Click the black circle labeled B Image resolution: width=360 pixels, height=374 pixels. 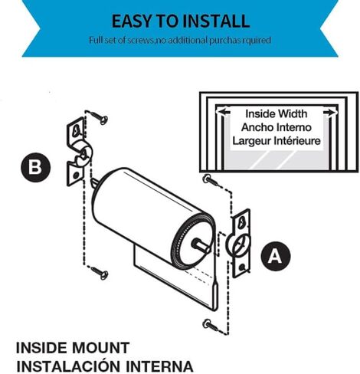pyautogui.click(x=35, y=168)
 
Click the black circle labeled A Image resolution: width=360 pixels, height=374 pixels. pyautogui.click(x=276, y=256)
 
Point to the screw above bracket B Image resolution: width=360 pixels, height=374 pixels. pyautogui.click(x=99, y=117)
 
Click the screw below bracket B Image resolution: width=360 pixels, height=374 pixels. pyautogui.click(x=100, y=273)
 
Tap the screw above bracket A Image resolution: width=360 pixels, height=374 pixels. pyautogui.click(x=211, y=180)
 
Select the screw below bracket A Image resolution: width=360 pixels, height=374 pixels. pyautogui.click(x=211, y=324)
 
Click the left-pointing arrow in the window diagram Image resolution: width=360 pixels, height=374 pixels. pyautogui.click(x=224, y=112)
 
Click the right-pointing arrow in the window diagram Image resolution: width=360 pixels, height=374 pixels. pyautogui.click(x=330, y=113)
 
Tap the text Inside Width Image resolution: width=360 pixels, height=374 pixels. pyautogui.click(x=277, y=114)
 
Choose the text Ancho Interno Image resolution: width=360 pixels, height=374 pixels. pyautogui.click(x=277, y=127)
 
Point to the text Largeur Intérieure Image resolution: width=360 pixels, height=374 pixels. pyautogui.click(x=277, y=141)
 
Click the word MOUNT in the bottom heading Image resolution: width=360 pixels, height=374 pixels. pyautogui.click(x=100, y=348)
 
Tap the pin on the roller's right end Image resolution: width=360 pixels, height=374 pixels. pyautogui.click(x=201, y=244)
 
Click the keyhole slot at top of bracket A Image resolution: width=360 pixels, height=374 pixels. pyautogui.click(x=241, y=221)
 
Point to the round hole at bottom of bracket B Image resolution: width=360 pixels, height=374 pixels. pyautogui.click(x=76, y=176)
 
